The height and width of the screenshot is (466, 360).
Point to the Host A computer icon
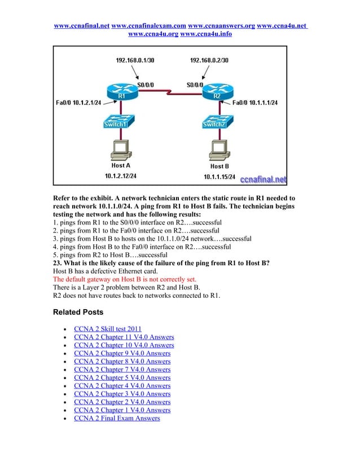(120, 150)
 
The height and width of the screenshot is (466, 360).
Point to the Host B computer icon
(219, 150)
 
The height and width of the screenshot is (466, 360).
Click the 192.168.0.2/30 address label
(209, 60)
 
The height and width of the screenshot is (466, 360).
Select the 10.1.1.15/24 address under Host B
(221, 177)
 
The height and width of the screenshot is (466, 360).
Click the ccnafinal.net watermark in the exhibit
(264, 179)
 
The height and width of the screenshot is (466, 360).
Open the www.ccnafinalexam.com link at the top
(149, 26)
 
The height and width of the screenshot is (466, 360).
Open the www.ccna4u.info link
(205, 34)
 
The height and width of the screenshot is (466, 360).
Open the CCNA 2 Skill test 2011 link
(108, 329)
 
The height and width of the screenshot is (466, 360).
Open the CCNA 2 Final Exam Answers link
(117, 418)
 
